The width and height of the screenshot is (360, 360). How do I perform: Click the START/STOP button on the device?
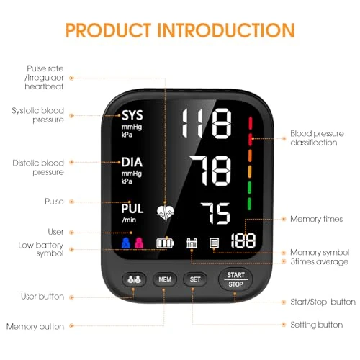click(235, 279)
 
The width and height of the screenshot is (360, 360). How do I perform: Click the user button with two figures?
click(132, 279)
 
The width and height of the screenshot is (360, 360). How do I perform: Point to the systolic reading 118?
click(207, 125)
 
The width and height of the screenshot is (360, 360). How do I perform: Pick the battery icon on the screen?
click(166, 243)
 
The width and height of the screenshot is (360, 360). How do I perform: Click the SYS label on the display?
click(132, 115)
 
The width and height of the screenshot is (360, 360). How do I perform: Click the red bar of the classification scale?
click(250, 122)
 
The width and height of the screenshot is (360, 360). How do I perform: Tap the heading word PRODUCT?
click(118, 30)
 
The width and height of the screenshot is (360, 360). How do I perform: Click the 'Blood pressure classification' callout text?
click(313, 138)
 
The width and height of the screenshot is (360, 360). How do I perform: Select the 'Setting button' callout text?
click(316, 325)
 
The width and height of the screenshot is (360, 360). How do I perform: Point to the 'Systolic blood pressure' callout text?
click(37, 115)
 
